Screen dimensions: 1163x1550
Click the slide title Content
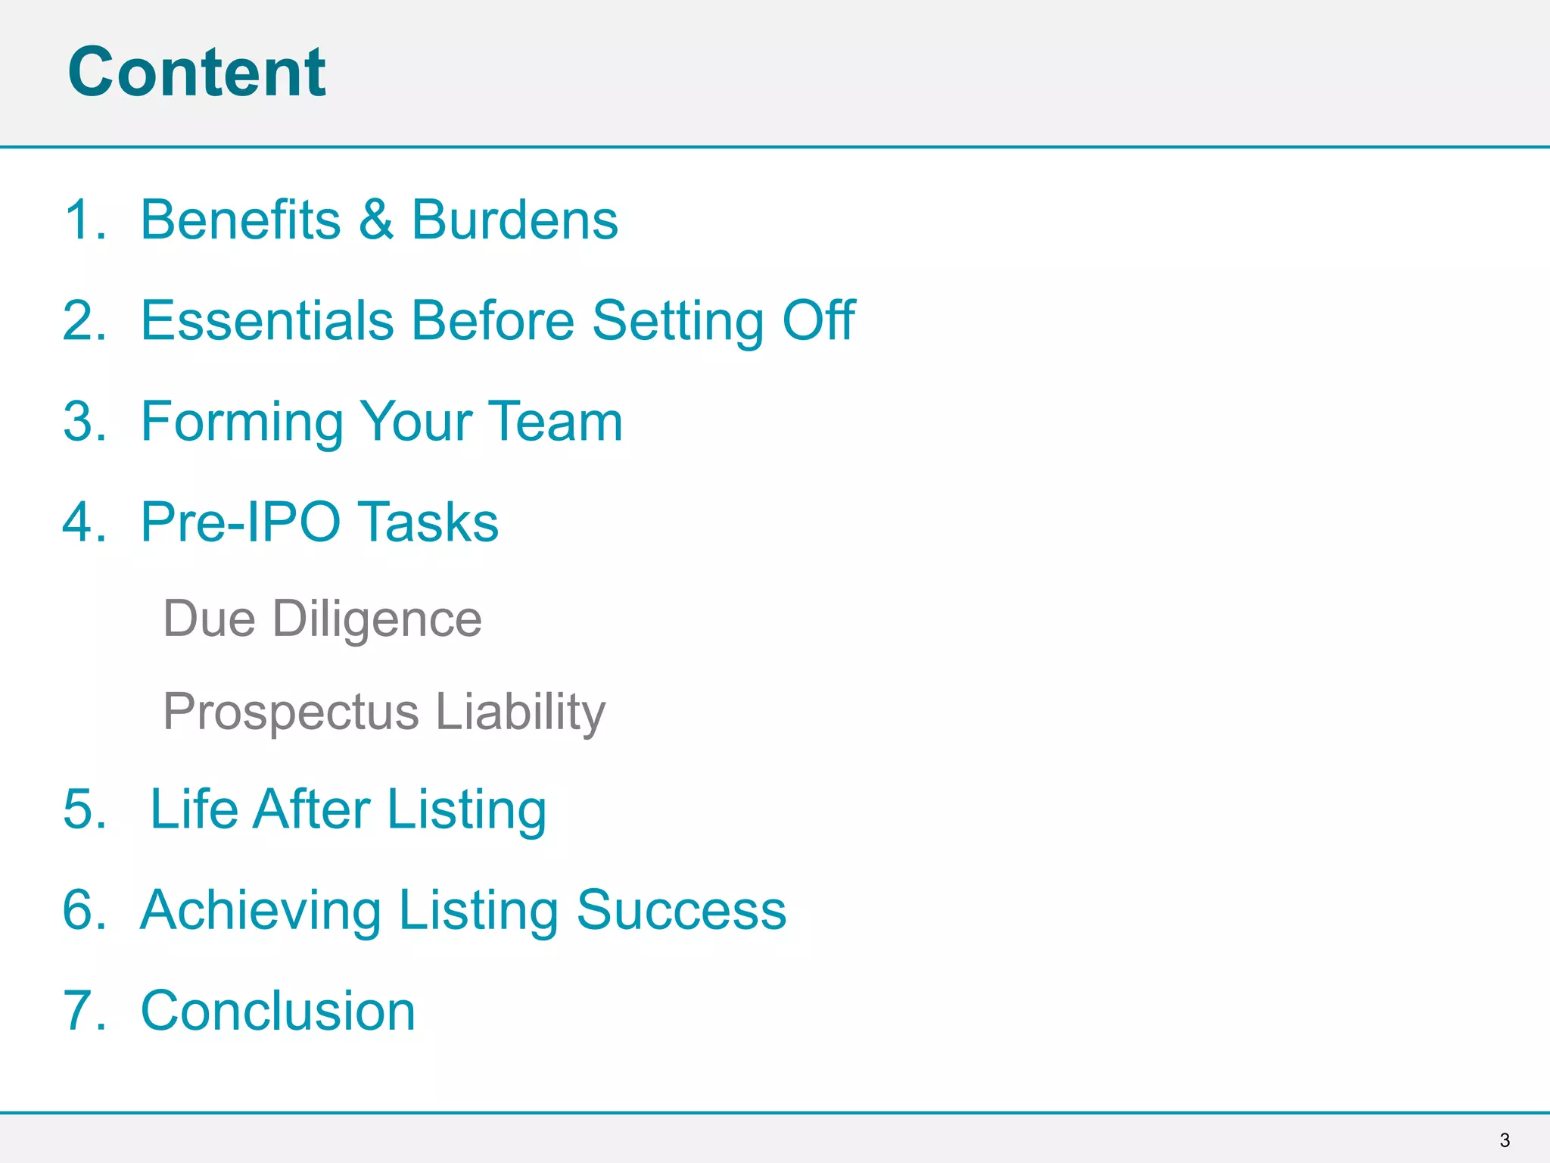197,72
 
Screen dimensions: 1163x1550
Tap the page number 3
1505,1140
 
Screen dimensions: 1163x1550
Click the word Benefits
241,220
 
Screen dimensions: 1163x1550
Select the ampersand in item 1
376,220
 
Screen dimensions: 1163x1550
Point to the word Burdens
515,220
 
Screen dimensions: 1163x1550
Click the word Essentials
267,320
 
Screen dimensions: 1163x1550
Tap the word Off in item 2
818,320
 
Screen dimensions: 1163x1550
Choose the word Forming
242,422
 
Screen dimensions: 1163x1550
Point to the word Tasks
428,522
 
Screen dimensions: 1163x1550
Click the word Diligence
377,620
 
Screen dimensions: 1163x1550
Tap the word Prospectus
291,712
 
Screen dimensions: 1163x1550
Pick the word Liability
521,712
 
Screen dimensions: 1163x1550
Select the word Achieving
261,910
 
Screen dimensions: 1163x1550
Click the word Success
681,909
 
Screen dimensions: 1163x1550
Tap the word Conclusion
279,1011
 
